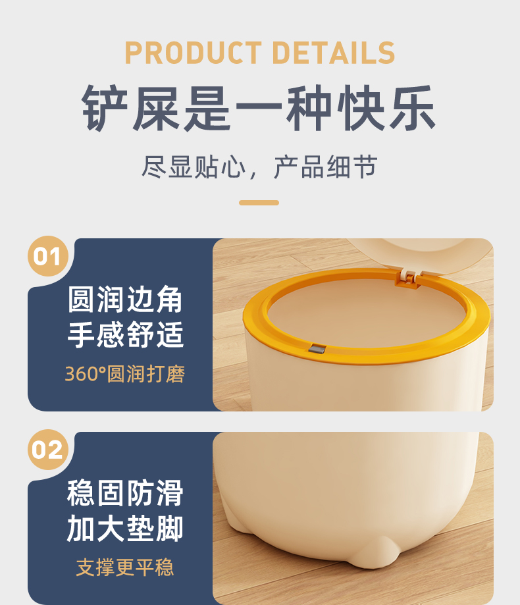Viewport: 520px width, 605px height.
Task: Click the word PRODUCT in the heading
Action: click(x=194, y=53)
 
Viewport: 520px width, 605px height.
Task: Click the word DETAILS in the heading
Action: click(x=334, y=53)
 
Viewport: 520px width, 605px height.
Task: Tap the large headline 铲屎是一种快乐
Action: click(x=259, y=108)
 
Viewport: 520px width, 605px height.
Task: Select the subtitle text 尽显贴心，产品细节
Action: click(x=259, y=167)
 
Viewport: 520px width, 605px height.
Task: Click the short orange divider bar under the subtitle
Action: click(x=259, y=203)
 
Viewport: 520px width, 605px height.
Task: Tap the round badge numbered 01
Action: click(x=48, y=256)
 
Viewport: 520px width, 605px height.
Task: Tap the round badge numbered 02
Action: click(x=48, y=450)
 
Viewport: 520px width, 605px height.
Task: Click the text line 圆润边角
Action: click(x=125, y=300)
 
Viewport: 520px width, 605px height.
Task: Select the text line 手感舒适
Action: click(x=125, y=334)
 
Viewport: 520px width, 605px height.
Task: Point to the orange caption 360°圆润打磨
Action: click(x=125, y=374)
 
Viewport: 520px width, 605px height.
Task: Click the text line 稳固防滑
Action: click(x=125, y=493)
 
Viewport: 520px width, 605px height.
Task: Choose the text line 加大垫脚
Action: click(x=125, y=529)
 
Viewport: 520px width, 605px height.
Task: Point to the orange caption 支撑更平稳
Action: click(x=125, y=567)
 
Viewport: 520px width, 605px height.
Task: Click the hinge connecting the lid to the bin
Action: click(x=408, y=277)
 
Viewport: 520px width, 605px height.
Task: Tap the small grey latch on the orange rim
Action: click(x=317, y=349)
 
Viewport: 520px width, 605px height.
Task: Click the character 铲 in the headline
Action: click(x=105, y=108)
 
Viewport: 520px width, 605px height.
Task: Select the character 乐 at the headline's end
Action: click(x=413, y=108)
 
